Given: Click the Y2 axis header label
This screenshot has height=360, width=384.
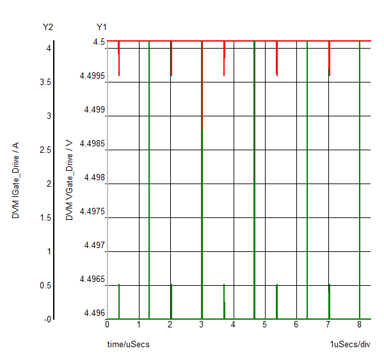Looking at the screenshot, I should tap(47, 27).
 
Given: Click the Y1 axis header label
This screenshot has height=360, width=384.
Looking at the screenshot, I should tap(102, 27).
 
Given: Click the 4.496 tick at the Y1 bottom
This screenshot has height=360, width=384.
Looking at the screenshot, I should tap(95, 313).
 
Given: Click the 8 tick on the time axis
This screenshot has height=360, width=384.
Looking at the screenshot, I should tap(360, 325).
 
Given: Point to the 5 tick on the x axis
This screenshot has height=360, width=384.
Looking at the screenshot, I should tap(265, 325).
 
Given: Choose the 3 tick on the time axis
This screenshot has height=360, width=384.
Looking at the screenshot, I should tap(202, 325).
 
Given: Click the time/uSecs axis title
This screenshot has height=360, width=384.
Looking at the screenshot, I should tap(128, 344).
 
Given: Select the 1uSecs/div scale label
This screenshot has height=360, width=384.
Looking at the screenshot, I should tap(350, 344).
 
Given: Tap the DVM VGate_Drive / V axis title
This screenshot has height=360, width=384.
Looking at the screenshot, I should tap(70, 180).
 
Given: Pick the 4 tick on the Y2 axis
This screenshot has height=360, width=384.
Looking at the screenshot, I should tap(48, 48).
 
